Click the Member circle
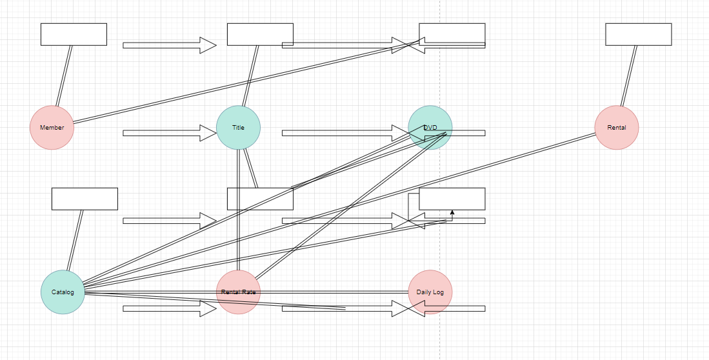tap(52, 128)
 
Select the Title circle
tap(238, 128)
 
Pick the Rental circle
tap(616, 128)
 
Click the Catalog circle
tap(63, 292)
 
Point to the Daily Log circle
tap(430, 292)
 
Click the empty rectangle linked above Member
tap(74, 34)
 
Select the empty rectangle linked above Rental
tap(638, 34)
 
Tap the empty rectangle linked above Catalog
tap(85, 199)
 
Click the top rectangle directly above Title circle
tap(260, 34)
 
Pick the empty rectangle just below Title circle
tap(260, 199)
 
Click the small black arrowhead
tap(452, 212)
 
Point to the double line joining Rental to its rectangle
tap(629, 75)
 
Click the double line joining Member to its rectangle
tap(64, 75)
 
